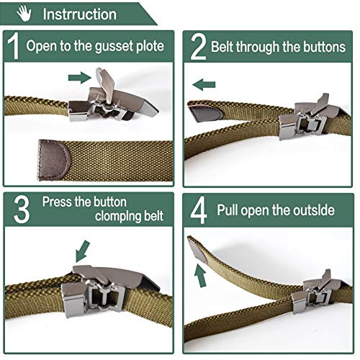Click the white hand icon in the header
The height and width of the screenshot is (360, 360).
(x=27, y=14)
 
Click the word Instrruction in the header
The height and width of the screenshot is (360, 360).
(x=79, y=14)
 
